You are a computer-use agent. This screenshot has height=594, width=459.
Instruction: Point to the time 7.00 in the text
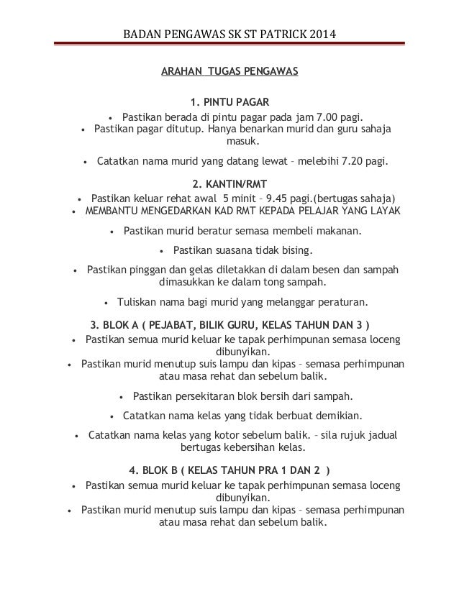(x=321, y=117)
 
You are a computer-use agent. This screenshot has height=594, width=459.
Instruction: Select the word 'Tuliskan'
(x=140, y=302)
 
